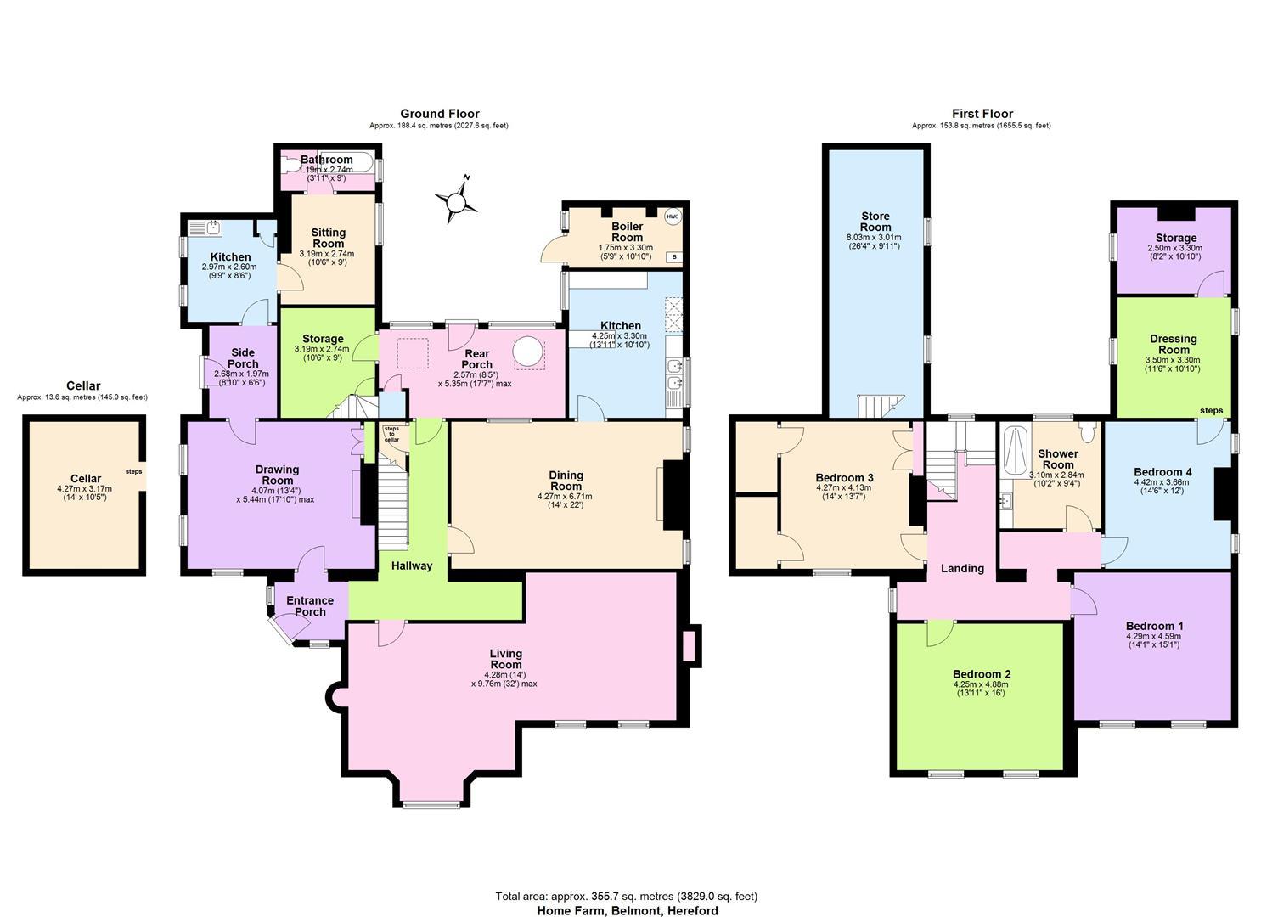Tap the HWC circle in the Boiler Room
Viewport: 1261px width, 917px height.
click(x=673, y=217)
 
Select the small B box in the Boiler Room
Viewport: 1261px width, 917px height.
click(x=674, y=257)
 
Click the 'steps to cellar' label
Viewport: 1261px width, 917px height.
click(x=391, y=434)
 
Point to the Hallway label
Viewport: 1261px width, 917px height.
click(x=412, y=565)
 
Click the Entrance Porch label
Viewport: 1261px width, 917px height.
click(x=310, y=606)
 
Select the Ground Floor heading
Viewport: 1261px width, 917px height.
click(x=440, y=114)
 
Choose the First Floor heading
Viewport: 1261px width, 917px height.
click(x=982, y=114)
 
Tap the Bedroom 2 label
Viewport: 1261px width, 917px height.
click(x=982, y=674)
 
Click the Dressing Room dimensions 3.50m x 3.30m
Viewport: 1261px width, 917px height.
click(x=1174, y=360)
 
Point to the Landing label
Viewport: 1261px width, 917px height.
click(x=962, y=569)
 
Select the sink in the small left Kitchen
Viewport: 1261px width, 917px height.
click(x=214, y=228)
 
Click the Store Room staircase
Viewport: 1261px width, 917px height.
click(x=880, y=406)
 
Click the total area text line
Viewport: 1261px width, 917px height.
click(x=627, y=896)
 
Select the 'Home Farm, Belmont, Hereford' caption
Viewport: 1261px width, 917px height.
click(x=628, y=910)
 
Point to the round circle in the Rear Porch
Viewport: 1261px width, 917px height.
click(x=527, y=352)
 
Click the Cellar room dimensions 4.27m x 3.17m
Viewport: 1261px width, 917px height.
click(x=84, y=488)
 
